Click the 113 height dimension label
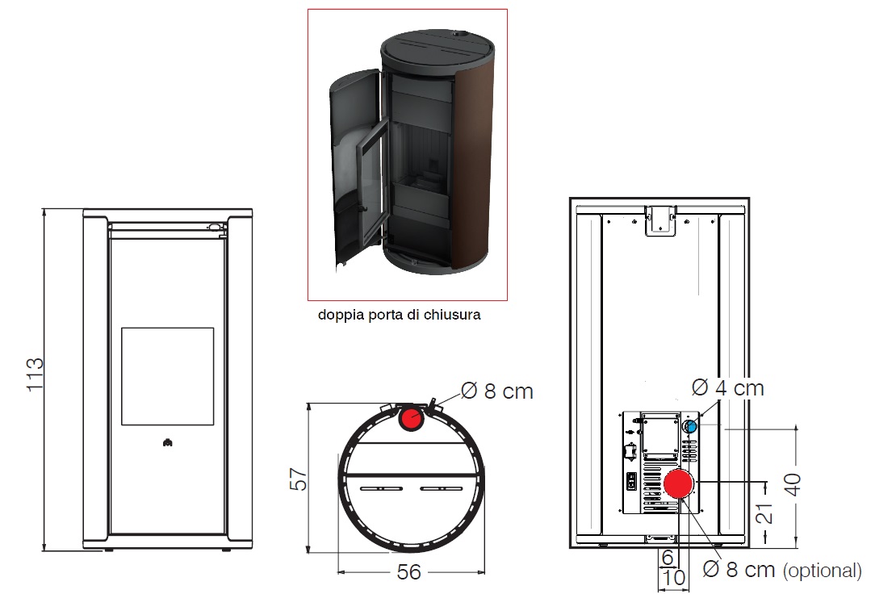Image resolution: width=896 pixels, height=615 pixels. pos(35,374)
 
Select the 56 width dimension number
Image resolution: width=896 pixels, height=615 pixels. pos(409,572)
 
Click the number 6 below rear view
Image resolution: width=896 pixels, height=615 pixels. pos(668,558)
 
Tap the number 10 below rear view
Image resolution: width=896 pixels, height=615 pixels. pos(672,578)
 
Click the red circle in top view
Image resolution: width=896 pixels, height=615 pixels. pos(411,419)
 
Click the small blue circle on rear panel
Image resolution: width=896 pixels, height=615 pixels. pos(690,425)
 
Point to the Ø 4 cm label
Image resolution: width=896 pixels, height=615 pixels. pos(727,388)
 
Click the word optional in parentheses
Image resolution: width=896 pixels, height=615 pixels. pos(822,571)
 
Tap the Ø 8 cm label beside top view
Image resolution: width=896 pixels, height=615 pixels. pos(497,391)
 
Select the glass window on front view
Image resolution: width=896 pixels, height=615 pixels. pos(167,376)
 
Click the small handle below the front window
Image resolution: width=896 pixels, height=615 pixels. pos(167,441)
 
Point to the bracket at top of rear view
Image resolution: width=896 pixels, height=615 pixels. pos(659,220)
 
